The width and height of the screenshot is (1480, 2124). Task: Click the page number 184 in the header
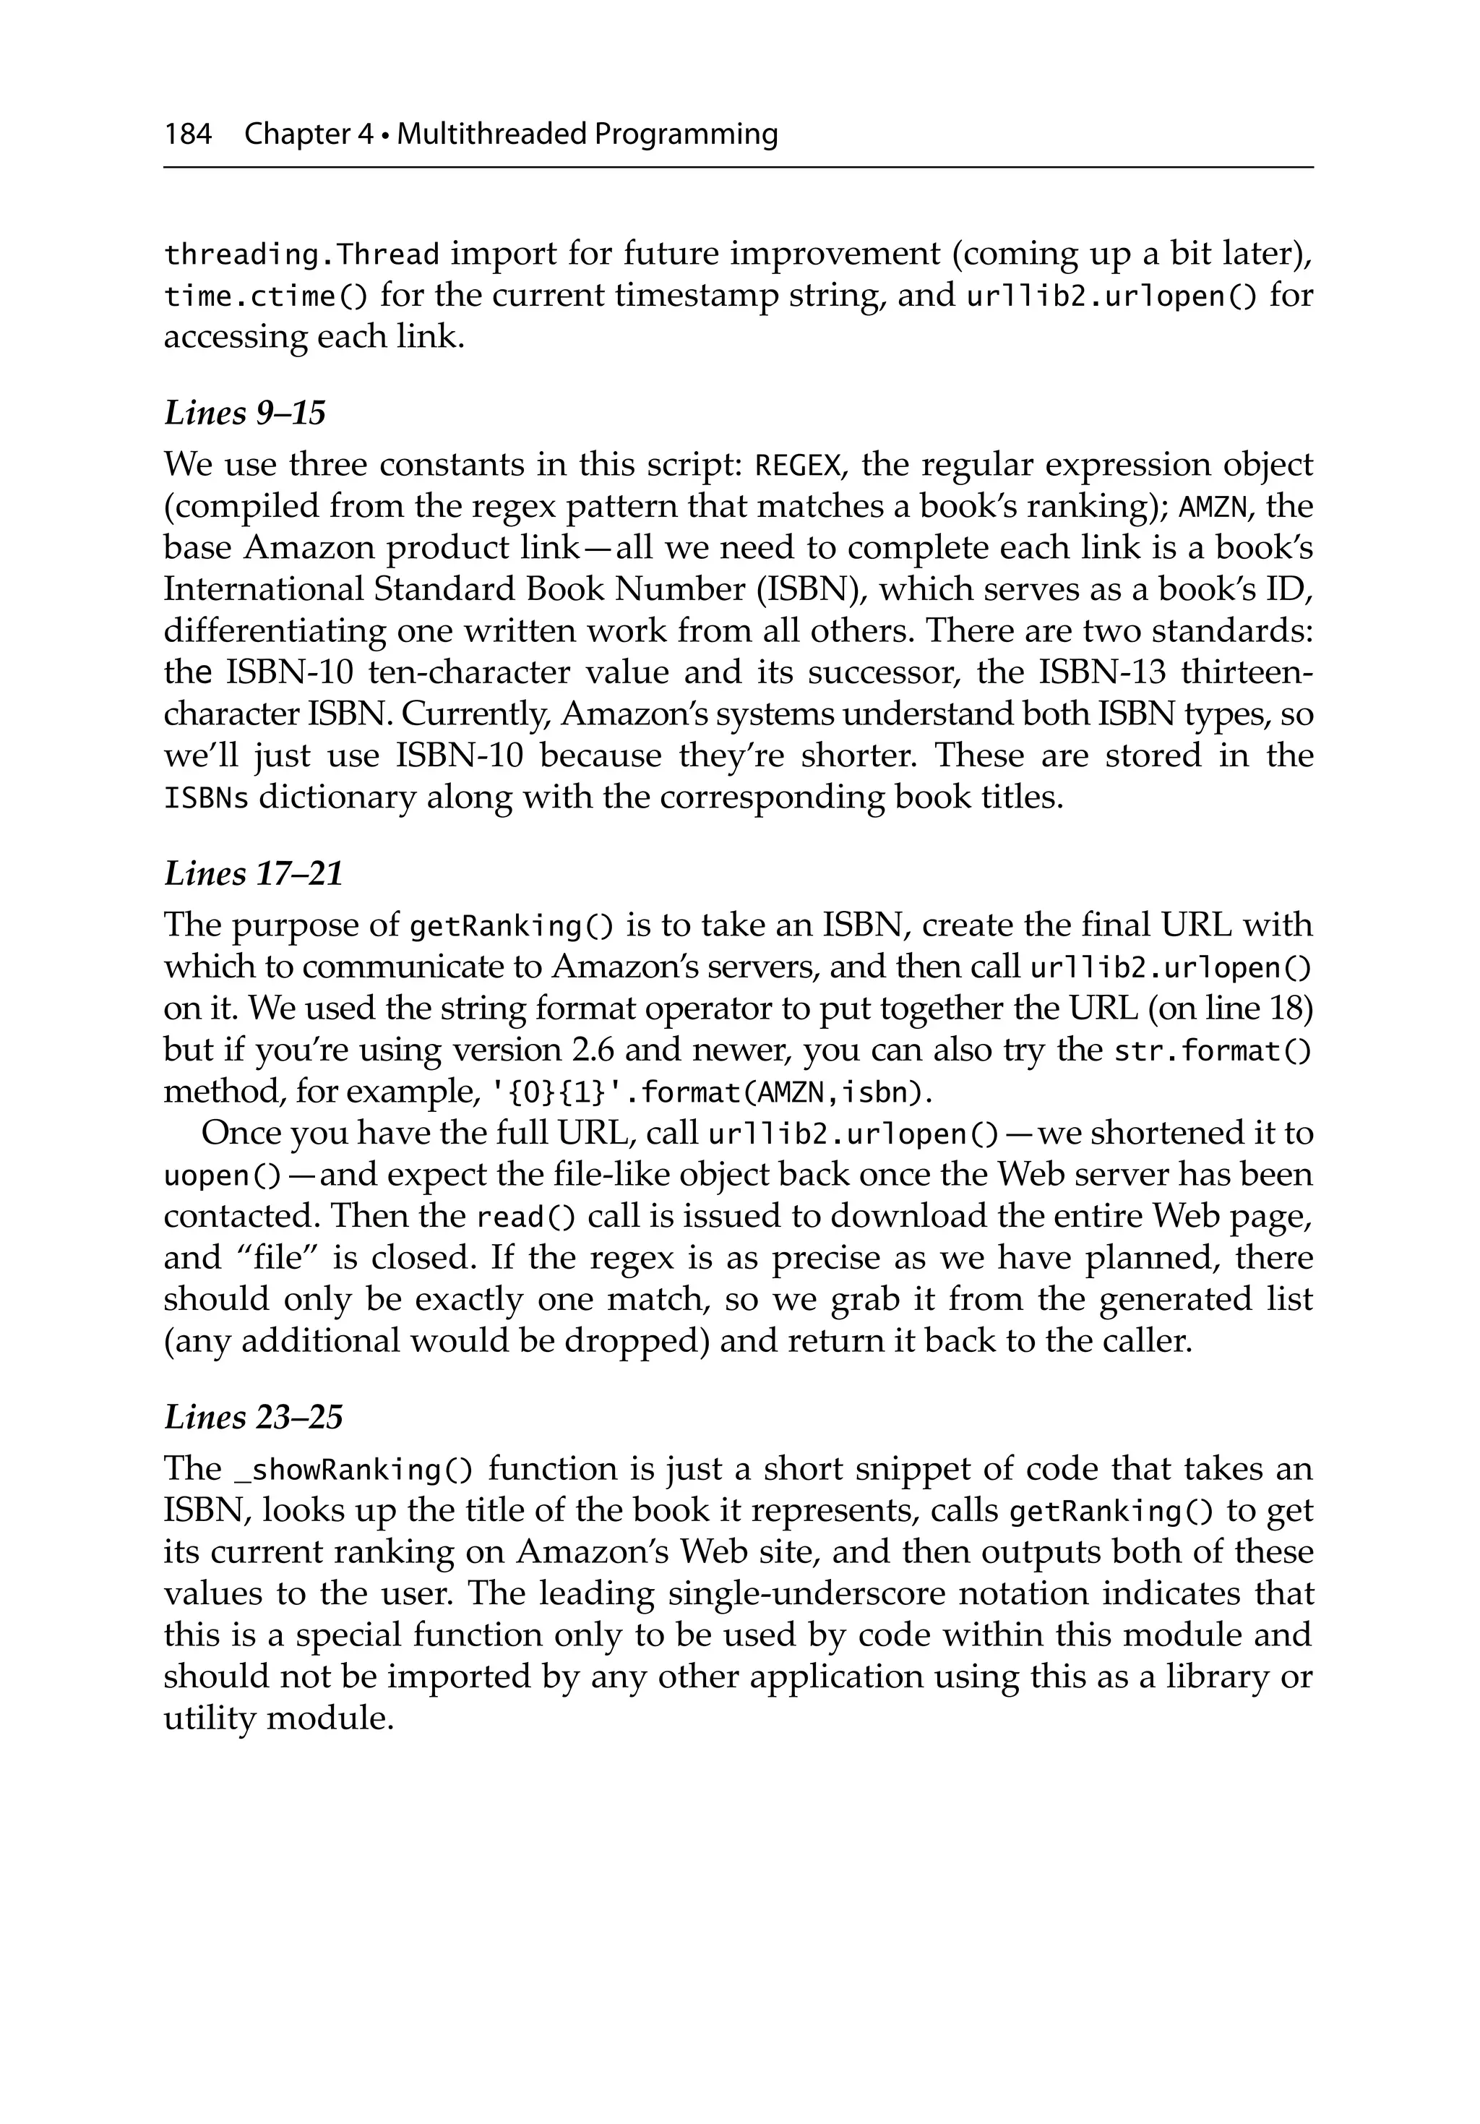188,135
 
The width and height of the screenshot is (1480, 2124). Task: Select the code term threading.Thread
301,254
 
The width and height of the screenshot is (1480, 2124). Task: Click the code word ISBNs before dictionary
205,797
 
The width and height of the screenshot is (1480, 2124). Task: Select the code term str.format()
1212,1052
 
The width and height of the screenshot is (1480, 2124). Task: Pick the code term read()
525,1217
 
